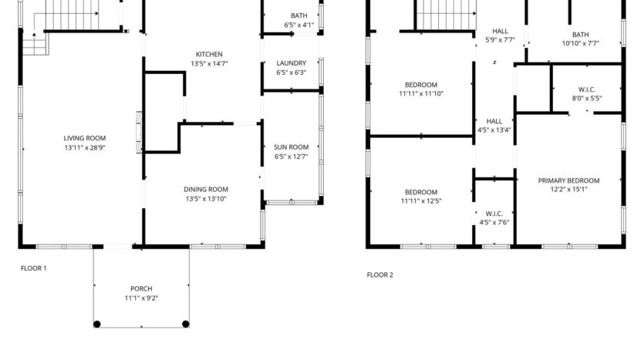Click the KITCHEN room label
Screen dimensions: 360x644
[208, 54]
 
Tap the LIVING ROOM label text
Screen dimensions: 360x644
[84, 138]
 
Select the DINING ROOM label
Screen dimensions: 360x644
[206, 189]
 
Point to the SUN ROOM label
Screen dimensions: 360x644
[291, 146]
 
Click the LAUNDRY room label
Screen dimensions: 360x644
[291, 63]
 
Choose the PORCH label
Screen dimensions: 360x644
[141, 289]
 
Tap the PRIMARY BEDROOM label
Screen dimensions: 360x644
[568, 180]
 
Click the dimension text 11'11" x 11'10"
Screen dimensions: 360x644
[421, 94]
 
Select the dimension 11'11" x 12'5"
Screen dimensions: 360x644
[421, 202]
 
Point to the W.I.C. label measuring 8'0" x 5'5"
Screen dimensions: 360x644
[586, 89]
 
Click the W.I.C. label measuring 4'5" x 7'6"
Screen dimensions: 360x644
[494, 213]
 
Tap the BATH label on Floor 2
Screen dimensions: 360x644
[580, 34]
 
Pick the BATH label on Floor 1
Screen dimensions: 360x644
[298, 15]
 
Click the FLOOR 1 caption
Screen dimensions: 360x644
[33, 268]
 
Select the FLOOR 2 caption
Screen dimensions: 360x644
[379, 274]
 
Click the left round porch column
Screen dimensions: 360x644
[97, 324]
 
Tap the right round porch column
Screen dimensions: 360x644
[185, 324]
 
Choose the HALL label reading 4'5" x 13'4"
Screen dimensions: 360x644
[494, 121]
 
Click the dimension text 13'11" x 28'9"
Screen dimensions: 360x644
[84, 147]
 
